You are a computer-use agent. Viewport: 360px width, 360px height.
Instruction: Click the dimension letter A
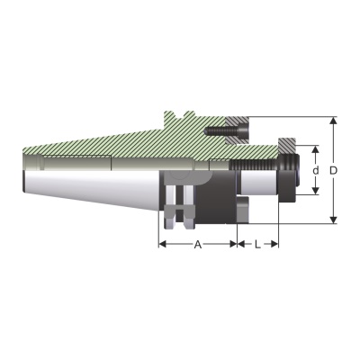click(197, 245)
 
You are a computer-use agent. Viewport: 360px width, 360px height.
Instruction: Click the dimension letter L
click(257, 245)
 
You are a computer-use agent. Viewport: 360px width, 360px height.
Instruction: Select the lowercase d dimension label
click(315, 170)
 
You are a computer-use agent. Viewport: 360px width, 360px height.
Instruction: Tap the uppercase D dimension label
click(333, 170)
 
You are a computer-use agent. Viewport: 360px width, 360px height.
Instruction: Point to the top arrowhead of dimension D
click(333, 121)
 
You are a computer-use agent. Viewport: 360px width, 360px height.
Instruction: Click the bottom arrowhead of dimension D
click(333, 220)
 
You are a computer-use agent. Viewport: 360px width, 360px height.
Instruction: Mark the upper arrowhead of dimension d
click(315, 149)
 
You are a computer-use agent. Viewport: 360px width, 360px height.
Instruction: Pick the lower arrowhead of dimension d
click(315, 191)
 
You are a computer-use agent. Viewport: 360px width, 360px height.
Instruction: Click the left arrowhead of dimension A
click(162, 244)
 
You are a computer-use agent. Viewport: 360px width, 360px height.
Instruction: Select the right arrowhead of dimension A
click(233, 244)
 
